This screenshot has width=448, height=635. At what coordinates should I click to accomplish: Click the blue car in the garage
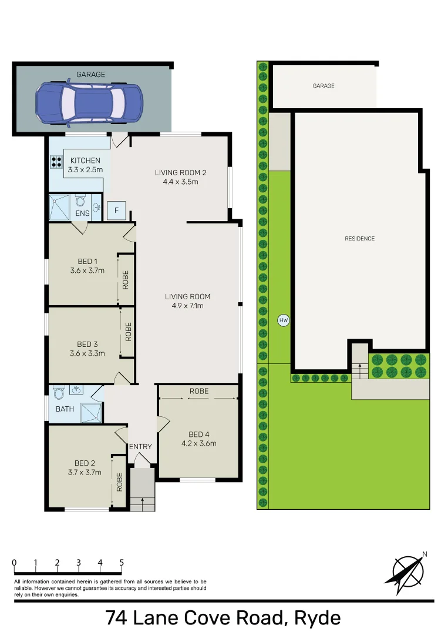[x=89, y=104]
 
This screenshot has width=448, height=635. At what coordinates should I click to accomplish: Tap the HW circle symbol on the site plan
[x=284, y=320]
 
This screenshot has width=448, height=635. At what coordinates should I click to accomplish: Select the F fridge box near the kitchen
[x=116, y=210]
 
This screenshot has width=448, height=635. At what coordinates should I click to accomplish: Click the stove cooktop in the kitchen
[x=56, y=162]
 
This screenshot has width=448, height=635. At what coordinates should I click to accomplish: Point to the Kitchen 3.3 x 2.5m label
[x=86, y=165]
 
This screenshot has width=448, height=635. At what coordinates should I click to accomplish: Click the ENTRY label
[x=140, y=447]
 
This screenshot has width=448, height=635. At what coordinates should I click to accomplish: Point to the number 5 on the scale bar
[x=122, y=563]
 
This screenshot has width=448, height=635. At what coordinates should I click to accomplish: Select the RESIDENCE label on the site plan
[x=359, y=239]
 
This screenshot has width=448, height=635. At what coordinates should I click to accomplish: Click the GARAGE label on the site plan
[x=323, y=86]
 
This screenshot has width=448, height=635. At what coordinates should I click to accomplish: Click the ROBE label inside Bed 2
[x=119, y=482]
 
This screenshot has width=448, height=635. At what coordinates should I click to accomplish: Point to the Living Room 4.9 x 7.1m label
[x=187, y=301]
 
